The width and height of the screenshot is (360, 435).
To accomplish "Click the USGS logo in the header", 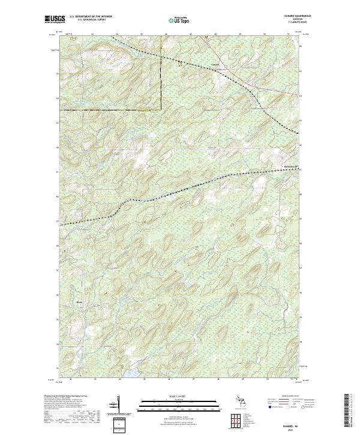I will tap(55, 19).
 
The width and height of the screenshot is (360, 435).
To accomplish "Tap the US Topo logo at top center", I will tap(180, 19).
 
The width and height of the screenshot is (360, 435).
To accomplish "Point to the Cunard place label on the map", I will tap(215, 64).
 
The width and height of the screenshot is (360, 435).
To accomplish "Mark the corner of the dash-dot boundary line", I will tap(163, 109).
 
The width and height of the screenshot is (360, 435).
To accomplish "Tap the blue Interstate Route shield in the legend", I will tap(268, 406).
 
